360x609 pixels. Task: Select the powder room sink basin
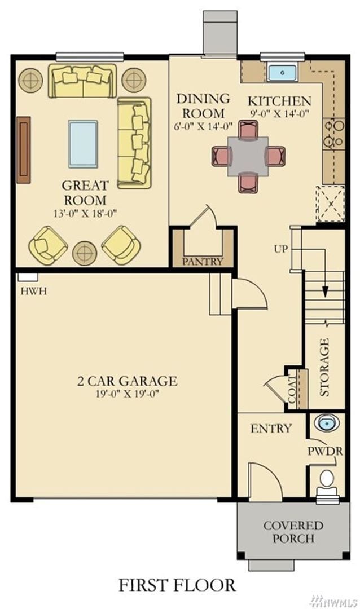326,422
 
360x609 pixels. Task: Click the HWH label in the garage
33,291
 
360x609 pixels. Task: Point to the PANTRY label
203,262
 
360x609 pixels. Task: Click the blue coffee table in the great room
83,144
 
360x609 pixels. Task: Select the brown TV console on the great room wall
24,150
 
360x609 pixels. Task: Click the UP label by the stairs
281,249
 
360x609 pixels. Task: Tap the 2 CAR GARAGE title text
127,381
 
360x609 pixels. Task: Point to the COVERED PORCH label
293,532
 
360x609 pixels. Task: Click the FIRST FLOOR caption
177,585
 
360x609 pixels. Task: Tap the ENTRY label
271,429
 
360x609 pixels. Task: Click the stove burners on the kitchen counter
333,134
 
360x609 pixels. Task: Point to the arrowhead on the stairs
326,291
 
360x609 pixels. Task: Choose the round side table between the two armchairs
85,253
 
